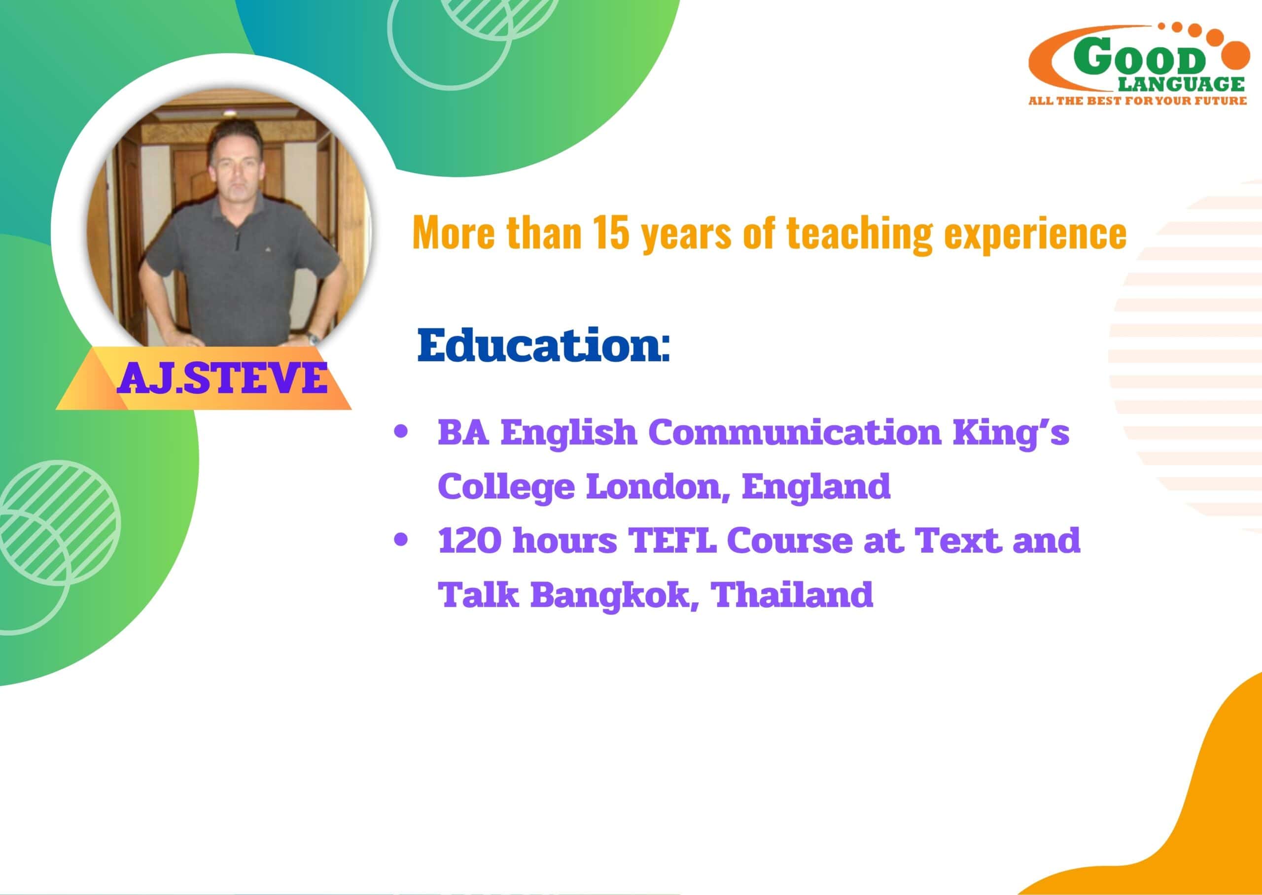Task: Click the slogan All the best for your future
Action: pos(1137,101)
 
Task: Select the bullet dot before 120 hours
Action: pos(401,540)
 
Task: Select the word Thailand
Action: pos(794,593)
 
